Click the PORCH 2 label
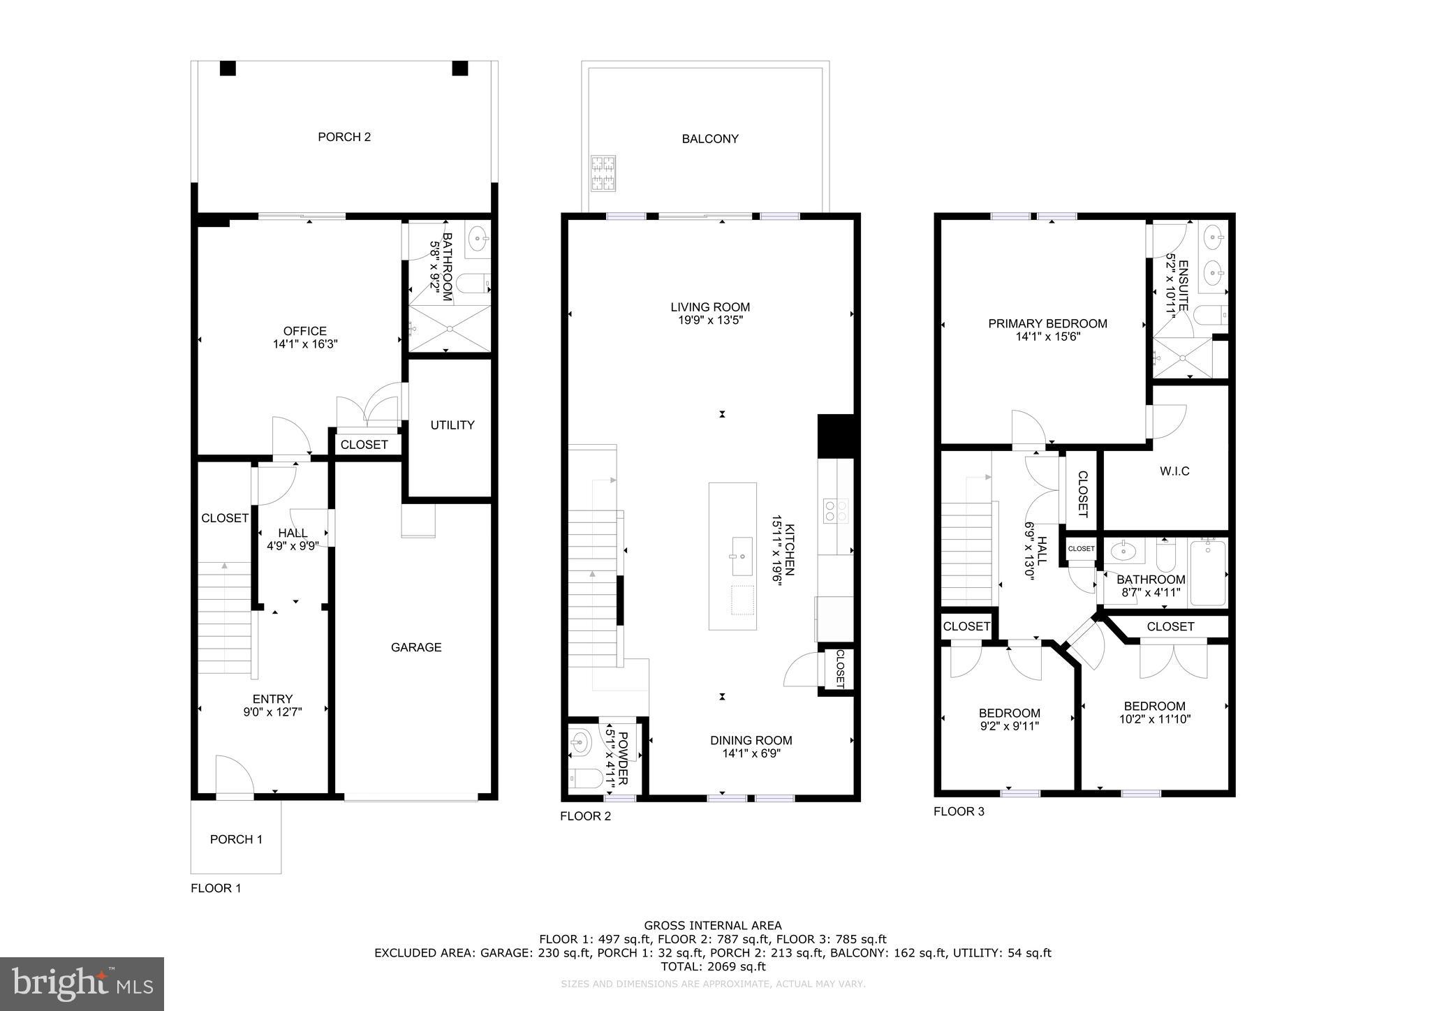(344, 137)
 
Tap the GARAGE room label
(416, 647)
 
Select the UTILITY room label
(452, 425)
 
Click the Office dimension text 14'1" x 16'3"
(305, 344)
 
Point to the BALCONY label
(710, 139)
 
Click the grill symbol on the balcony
(603, 174)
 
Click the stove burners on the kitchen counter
(836, 510)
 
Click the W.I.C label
(1174, 471)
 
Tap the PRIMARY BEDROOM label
(1047, 324)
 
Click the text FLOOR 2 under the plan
(585, 816)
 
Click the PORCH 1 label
(236, 839)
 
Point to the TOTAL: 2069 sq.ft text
(713, 966)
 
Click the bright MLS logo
(82, 984)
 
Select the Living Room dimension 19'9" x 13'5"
(710, 320)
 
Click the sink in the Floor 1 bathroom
(478, 239)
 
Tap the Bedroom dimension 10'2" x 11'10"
(1154, 718)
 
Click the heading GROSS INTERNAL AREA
(713, 926)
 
